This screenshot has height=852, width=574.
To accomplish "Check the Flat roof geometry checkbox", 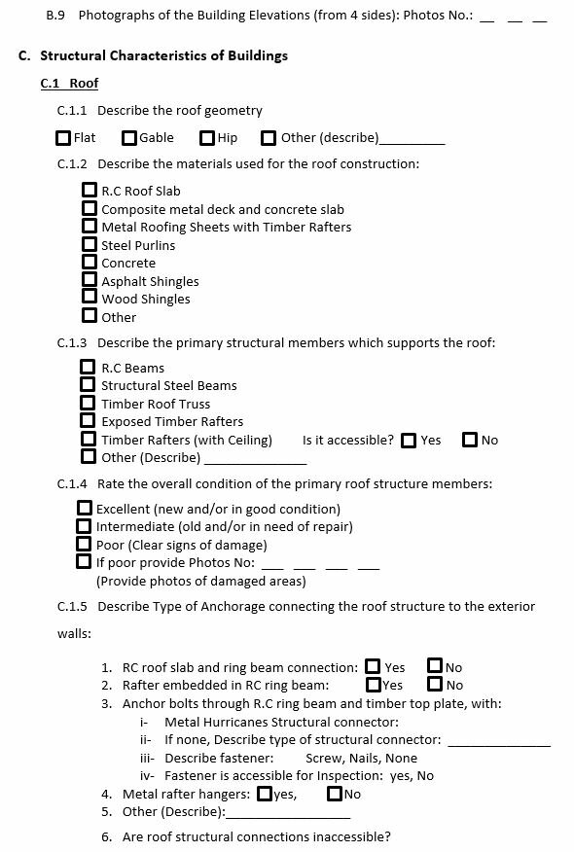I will [x=63, y=138].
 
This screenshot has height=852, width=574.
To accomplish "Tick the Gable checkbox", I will [x=129, y=138].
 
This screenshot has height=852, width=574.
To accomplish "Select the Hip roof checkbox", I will [x=207, y=138].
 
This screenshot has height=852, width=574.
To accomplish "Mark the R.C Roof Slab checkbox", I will [x=90, y=191].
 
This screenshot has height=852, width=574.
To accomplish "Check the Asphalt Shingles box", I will [x=90, y=280].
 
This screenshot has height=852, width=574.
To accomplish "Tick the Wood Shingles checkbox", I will [x=90, y=298].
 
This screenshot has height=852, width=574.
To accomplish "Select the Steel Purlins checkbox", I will [x=90, y=244].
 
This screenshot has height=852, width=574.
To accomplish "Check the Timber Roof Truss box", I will [x=88, y=403].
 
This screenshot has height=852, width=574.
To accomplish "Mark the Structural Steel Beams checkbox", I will [x=88, y=385].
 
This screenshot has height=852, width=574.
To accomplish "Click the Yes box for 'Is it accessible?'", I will [x=409, y=440].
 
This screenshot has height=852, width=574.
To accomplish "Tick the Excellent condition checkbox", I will [x=84, y=508].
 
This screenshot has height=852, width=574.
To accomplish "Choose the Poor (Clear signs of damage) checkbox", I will [x=84, y=544].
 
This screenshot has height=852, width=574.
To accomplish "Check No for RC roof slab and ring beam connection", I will [x=434, y=666].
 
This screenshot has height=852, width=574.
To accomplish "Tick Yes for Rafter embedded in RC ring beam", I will [x=373, y=685].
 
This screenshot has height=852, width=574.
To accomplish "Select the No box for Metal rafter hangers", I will [x=335, y=794].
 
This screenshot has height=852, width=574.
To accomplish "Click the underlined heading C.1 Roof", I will [x=69, y=84].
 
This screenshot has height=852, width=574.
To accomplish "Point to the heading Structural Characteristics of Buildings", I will [x=163, y=55].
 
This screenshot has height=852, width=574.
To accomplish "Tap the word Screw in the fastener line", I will [x=323, y=758].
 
